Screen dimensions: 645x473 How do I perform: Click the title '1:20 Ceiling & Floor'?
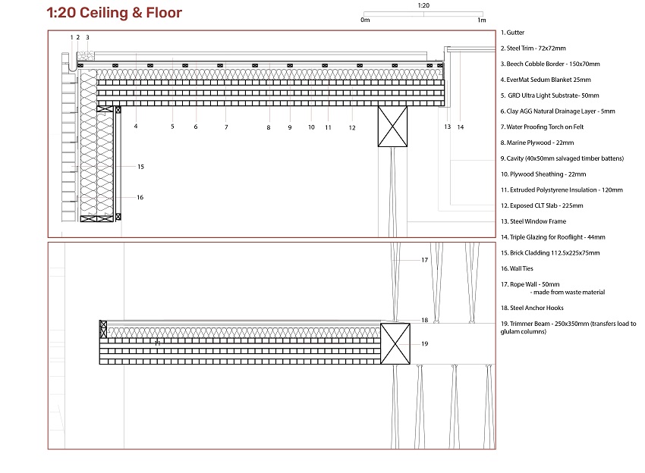(x=114, y=13)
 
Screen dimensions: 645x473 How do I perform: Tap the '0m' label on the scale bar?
(x=365, y=20)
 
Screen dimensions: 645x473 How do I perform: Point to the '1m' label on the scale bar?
(x=482, y=20)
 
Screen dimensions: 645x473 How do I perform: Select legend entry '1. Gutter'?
(x=512, y=33)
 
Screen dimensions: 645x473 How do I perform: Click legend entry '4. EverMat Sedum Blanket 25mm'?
(x=546, y=80)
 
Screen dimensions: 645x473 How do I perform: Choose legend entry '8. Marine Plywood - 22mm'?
(x=537, y=143)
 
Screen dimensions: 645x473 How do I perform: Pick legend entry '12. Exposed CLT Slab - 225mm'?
(x=542, y=205)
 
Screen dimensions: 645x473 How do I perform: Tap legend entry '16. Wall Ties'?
(x=517, y=268)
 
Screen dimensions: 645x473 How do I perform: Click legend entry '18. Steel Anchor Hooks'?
(x=532, y=308)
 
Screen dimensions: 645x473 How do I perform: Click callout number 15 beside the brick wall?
(x=140, y=167)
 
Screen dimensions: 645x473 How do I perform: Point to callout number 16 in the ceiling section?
(x=140, y=198)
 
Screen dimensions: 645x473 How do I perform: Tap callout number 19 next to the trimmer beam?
(x=424, y=344)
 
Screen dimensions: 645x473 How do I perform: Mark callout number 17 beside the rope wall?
(x=424, y=260)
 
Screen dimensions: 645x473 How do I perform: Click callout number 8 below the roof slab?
(x=269, y=128)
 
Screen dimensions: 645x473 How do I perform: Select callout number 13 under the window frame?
(x=448, y=127)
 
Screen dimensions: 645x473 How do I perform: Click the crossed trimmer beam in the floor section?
(x=395, y=343)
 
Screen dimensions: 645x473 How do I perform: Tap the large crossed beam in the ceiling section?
(x=393, y=127)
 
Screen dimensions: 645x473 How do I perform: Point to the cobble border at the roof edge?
(x=86, y=56)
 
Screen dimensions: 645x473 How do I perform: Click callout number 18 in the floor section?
(x=424, y=320)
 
